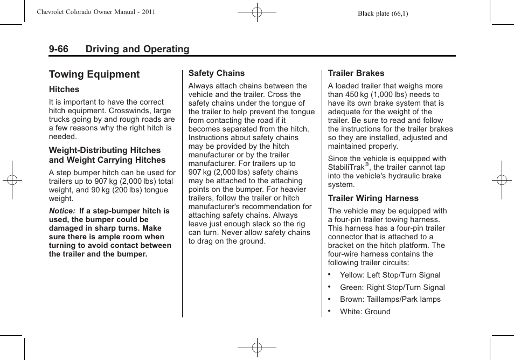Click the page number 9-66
pos(59,49)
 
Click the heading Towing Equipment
pos(94,74)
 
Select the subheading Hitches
pos(64,89)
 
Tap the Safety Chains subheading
pos(216,73)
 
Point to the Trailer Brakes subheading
pos(356,73)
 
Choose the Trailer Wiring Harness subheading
pos(373,198)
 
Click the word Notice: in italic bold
pos(62,211)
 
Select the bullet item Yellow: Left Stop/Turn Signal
pos(390,275)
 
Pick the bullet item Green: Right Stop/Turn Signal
pos(392,287)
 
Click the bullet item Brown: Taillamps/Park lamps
pos(390,299)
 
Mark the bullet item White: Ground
pos(365,311)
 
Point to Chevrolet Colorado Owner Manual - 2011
pos(96,12)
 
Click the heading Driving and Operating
pos(137,49)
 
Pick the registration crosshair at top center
pos(257,11)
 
